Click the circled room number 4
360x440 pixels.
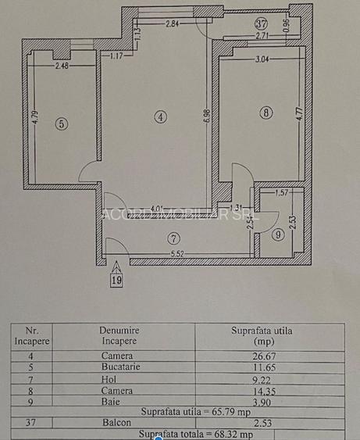point(159,117)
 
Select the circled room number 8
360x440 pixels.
point(267,113)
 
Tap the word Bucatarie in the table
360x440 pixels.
point(121,367)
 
